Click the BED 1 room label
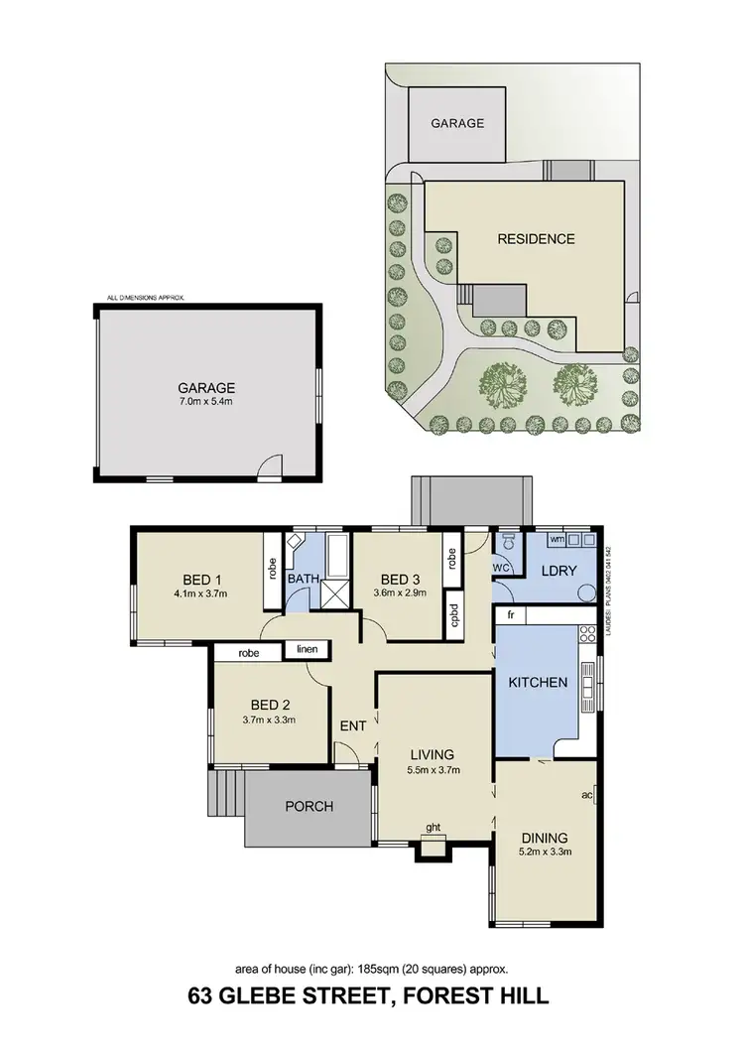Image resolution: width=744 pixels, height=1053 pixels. (x=201, y=580)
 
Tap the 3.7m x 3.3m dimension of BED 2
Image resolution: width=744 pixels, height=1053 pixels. (x=269, y=721)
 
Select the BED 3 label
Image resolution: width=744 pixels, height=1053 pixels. (x=395, y=580)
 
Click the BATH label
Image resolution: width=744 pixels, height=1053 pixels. (x=302, y=579)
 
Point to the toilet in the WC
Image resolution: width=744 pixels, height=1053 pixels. (x=508, y=542)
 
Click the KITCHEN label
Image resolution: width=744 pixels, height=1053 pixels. (x=538, y=683)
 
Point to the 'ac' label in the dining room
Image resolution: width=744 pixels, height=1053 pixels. (x=587, y=796)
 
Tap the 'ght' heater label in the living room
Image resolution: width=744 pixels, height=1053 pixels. (x=434, y=827)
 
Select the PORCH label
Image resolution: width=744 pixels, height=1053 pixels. (x=310, y=806)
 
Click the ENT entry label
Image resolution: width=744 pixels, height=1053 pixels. (x=353, y=726)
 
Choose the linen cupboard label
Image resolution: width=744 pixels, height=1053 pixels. (x=307, y=650)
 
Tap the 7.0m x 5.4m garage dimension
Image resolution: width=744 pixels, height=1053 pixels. (x=206, y=402)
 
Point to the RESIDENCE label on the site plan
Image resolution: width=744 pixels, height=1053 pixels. (x=536, y=239)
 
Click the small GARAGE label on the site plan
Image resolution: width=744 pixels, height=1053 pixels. (x=457, y=124)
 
